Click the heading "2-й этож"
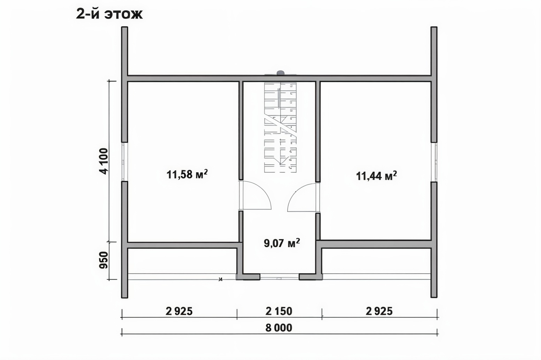109,14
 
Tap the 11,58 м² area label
187,174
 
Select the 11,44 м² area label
376,176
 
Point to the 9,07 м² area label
282,243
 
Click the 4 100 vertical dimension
105,161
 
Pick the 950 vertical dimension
104,260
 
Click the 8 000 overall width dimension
279,328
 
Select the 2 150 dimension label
279,312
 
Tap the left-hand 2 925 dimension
179,312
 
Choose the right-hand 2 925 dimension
379,312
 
